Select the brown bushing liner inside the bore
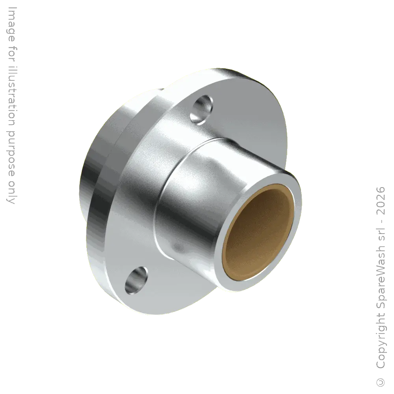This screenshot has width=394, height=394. [258, 232]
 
